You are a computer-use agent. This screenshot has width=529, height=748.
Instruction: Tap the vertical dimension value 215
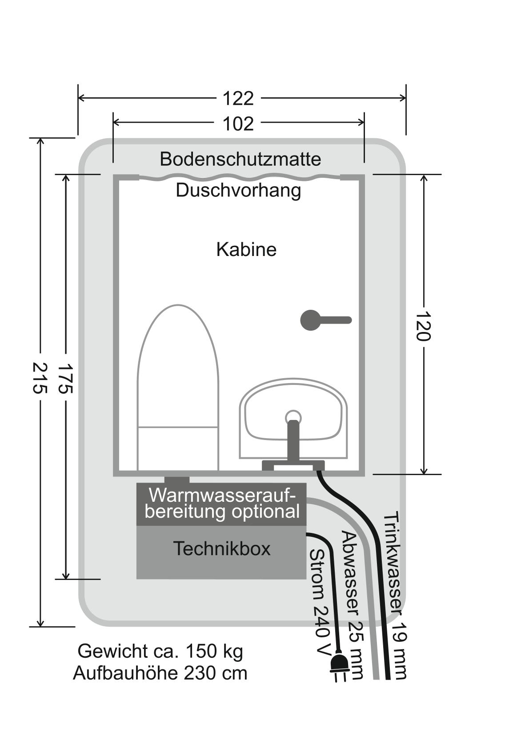40,377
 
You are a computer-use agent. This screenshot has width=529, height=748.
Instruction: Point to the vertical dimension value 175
66,378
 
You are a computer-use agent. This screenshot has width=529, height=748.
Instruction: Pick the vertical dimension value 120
423,326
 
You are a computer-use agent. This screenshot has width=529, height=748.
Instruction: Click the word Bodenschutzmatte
240,159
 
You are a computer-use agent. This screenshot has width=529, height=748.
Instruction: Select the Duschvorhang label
238,190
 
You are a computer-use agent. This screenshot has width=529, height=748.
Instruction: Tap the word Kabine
246,249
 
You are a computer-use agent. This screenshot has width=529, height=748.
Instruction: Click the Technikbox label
221,549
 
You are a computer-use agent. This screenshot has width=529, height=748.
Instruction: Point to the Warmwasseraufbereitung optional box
221,504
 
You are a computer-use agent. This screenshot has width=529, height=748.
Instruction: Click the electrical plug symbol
338,665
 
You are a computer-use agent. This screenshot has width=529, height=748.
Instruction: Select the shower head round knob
311,320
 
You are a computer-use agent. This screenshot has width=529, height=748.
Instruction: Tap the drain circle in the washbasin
293,416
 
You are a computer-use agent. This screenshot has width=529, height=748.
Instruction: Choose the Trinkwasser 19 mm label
394,596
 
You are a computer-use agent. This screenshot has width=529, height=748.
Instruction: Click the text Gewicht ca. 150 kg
160,651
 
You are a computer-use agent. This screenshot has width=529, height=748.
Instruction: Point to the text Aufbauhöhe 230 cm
160,673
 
